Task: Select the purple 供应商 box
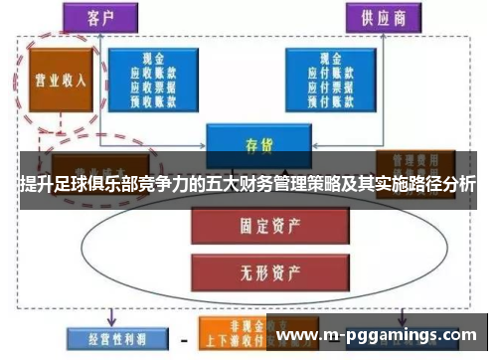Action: click(x=381, y=16)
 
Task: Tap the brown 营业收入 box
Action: click(x=56, y=80)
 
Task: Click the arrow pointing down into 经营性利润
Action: click(x=111, y=318)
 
